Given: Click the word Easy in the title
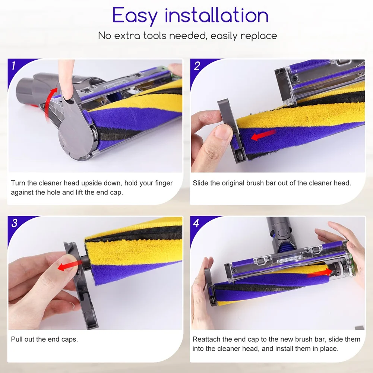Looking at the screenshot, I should [135, 16].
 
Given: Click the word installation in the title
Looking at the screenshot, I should [216, 16].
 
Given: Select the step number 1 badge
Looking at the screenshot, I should [14, 66].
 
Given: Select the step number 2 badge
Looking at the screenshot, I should [197, 66].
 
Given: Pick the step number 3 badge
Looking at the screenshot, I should [14, 223].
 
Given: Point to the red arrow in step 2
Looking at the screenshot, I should [263, 136].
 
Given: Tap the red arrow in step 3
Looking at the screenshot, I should [70, 266].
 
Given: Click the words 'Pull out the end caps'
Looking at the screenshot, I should [44, 339].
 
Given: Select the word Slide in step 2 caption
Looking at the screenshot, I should [200, 183].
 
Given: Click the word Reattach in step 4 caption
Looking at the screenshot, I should [207, 339].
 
